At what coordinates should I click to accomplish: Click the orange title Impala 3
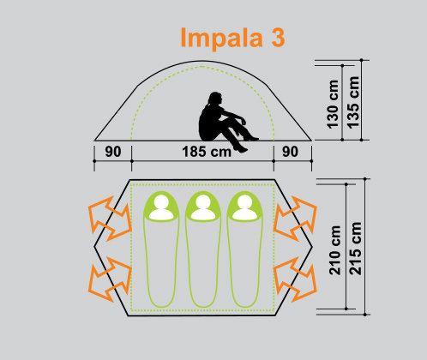click(233, 39)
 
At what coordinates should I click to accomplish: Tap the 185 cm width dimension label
click(207, 152)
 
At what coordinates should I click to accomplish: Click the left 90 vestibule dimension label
click(113, 152)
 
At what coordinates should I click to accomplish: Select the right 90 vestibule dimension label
click(291, 152)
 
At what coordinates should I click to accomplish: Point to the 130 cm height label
click(333, 105)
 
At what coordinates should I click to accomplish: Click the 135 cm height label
click(353, 103)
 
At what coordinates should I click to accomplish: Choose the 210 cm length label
click(335, 250)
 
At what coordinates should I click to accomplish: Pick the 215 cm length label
click(356, 249)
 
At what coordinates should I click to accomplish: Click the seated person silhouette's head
click(215, 99)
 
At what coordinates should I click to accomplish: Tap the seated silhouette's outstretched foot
click(241, 149)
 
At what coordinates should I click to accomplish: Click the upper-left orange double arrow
click(110, 219)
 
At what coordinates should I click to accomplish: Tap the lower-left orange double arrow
click(110, 279)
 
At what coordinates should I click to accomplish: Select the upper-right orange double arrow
click(295, 219)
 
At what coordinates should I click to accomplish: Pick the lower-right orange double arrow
click(295, 279)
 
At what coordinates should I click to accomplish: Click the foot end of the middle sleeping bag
click(203, 307)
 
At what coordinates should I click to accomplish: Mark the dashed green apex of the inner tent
click(202, 67)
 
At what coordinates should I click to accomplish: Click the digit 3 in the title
click(278, 37)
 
